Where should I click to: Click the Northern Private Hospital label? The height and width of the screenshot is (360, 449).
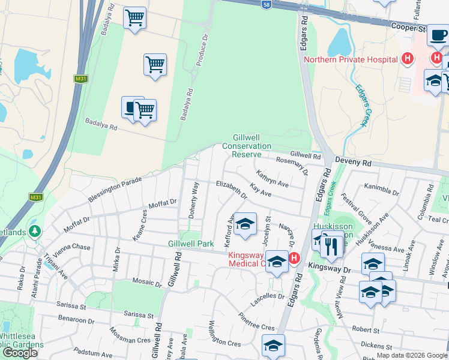click(351, 59)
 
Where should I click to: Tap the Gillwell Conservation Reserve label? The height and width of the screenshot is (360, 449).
click(247, 146)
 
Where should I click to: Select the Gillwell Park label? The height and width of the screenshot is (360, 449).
click(191, 244)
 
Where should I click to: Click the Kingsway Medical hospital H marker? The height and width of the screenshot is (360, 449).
click(294, 259)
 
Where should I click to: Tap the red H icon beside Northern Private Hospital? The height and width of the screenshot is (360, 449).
click(408, 59)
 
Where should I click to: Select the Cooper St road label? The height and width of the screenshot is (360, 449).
click(408, 28)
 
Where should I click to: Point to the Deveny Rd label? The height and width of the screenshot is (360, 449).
click(354, 163)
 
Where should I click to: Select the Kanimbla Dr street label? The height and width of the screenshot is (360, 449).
click(381, 190)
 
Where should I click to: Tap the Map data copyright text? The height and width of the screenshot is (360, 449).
click(412, 355)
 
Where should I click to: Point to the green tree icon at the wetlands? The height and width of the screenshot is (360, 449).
click(35, 231)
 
